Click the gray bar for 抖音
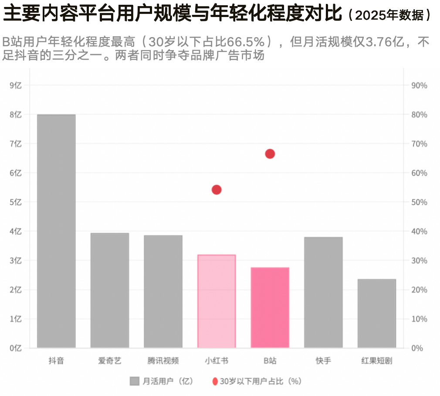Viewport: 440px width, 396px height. [x=56, y=231]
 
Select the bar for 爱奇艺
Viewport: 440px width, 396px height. [x=110, y=290]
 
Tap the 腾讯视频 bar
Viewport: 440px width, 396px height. [x=163, y=292]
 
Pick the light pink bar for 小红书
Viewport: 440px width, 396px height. [x=217, y=301]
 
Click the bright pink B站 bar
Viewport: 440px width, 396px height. [x=270, y=307]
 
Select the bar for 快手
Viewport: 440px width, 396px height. [x=323, y=293]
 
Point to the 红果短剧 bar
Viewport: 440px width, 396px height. [x=377, y=314]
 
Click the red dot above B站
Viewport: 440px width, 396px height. [x=270, y=154]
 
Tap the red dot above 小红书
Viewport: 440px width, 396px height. [x=217, y=190]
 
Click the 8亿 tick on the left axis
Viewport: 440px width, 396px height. [x=15, y=115]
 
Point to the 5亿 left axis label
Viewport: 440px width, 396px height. [x=15, y=202]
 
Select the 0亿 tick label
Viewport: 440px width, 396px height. [x=15, y=348]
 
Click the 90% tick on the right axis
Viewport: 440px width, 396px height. [x=419, y=85]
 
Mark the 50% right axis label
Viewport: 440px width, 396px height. [x=419, y=202]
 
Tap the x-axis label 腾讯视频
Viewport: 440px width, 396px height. [x=163, y=361]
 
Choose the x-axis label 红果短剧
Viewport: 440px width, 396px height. [x=377, y=361]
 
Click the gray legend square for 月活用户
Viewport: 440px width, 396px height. [x=135, y=381]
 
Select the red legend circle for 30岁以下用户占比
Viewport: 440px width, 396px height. [x=215, y=381]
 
